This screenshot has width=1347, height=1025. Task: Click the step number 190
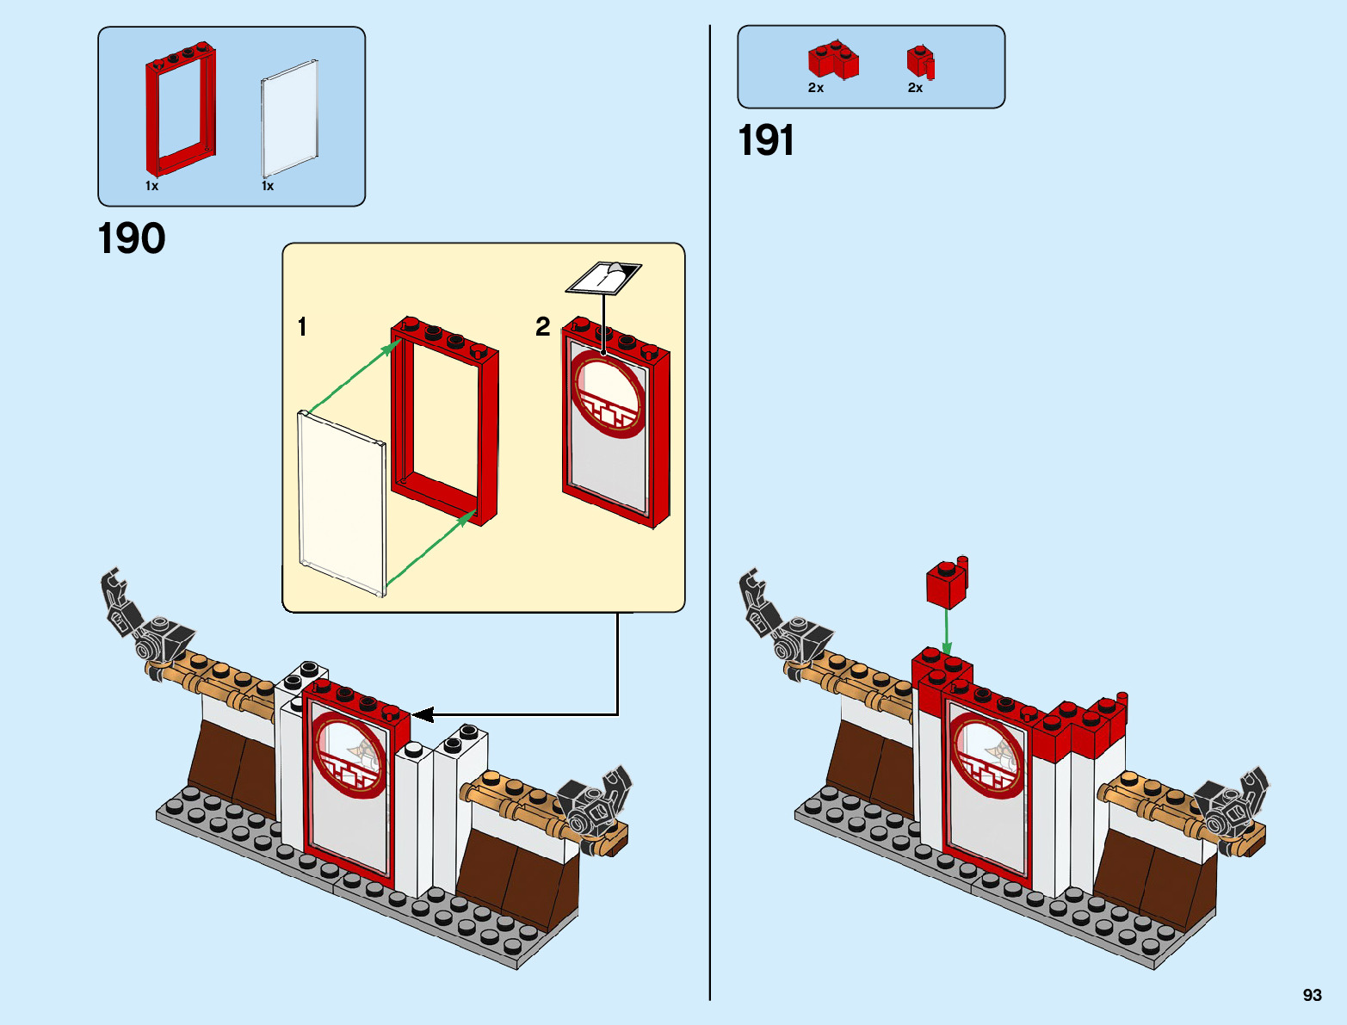coord(132,238)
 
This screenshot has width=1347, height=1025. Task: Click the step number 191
coord(766,140)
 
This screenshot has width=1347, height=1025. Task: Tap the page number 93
coord(1312,995)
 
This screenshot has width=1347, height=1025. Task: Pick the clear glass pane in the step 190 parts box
coord(290,119)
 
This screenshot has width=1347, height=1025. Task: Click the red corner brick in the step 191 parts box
coord(832,60)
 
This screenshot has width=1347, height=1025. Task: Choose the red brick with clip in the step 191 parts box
coord(920,62)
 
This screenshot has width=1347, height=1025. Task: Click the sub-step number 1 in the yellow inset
coord(302,327)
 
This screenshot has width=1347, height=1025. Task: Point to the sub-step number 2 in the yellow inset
coord(542,326)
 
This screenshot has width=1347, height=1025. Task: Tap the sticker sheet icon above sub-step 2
coord(603,276)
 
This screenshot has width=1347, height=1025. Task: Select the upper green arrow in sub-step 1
coord(353,375)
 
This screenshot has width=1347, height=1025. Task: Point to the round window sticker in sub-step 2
coord(609,394)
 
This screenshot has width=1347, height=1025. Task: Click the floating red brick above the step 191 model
coord(947,583)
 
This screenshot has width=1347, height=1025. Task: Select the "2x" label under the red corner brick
coord(816,88)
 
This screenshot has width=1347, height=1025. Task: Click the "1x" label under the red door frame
coord(151,186)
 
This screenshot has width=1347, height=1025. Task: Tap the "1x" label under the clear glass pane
coord(268,186)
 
